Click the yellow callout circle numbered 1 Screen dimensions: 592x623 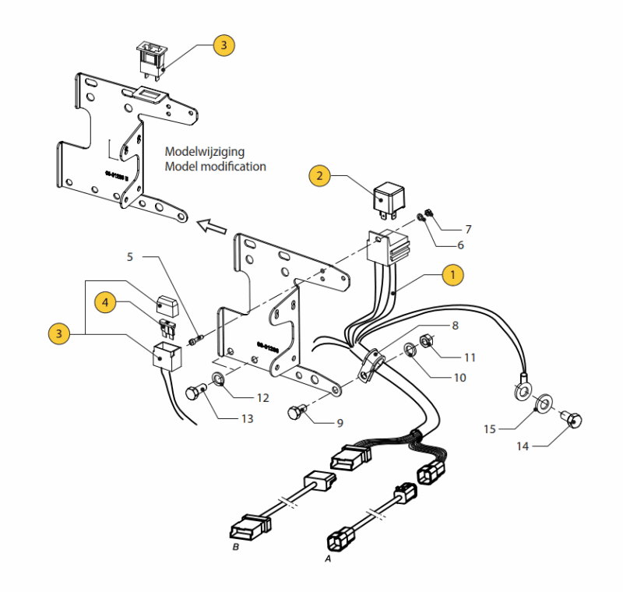(452, 274)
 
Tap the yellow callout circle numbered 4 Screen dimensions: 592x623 (106, 299)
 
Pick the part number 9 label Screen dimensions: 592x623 (340, 423)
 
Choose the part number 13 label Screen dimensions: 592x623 (247, 418)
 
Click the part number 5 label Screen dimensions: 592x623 (130, 255)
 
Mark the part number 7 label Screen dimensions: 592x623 (467, 230)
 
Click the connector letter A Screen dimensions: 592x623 (328, 559)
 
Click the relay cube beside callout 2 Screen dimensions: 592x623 (387, 199)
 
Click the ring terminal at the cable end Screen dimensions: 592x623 (522, 388)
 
